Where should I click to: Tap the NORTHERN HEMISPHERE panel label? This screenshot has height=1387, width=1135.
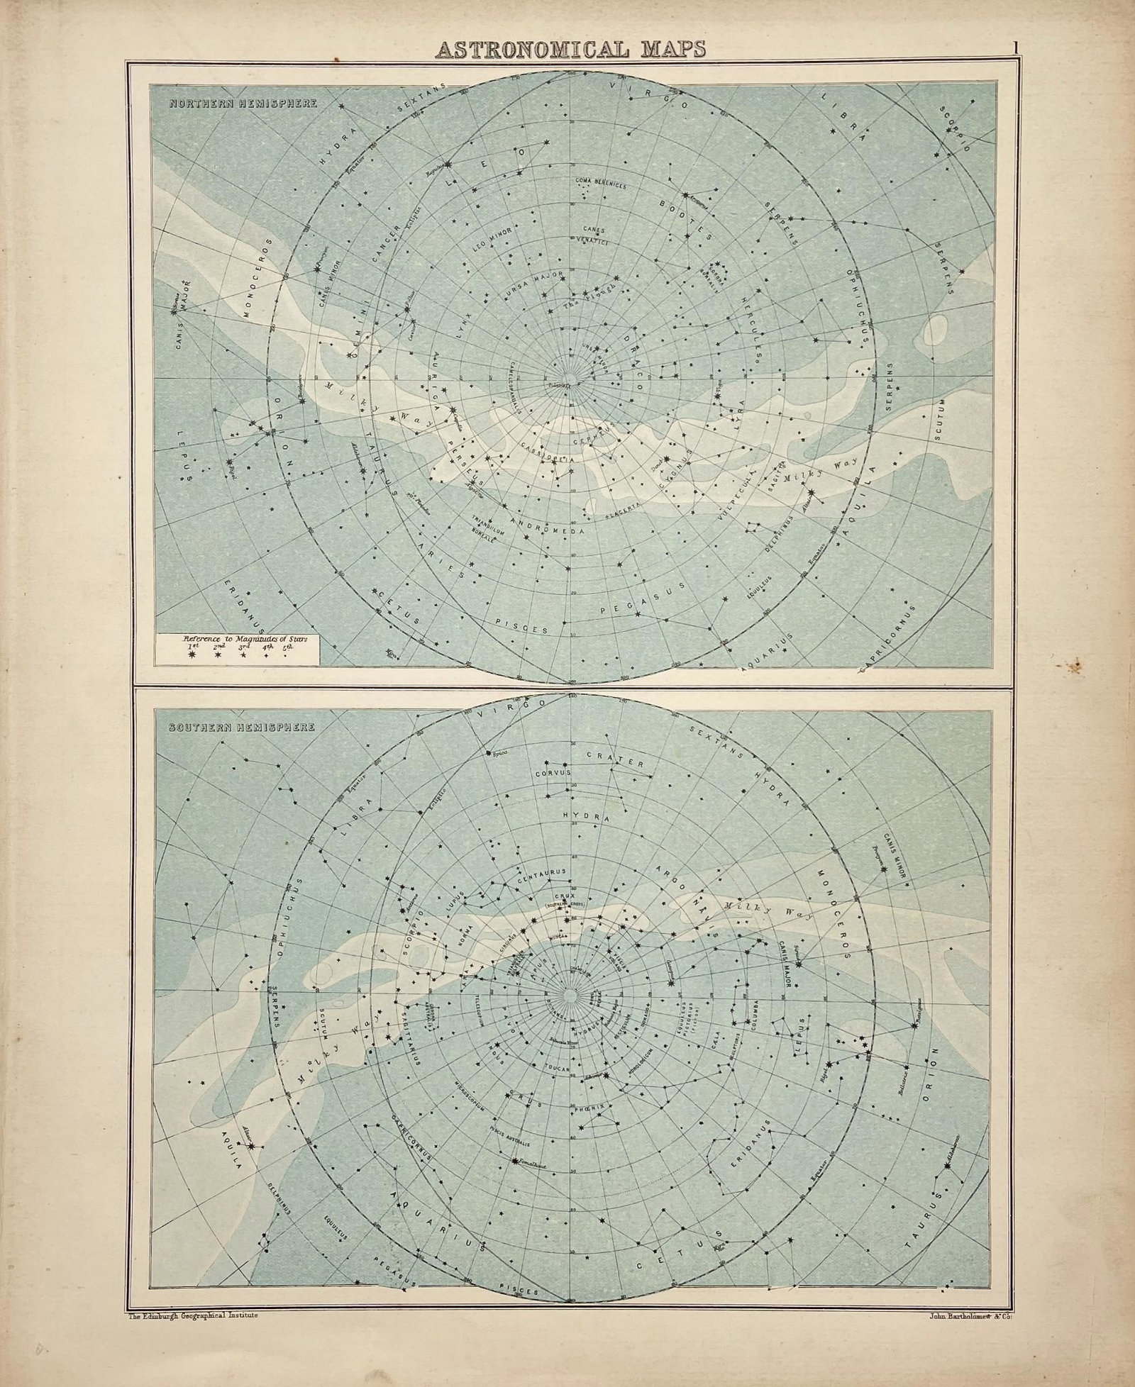[243, 104]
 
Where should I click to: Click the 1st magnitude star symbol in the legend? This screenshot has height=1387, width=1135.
[190, 656]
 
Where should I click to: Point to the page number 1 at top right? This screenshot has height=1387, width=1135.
[1016, 47]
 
